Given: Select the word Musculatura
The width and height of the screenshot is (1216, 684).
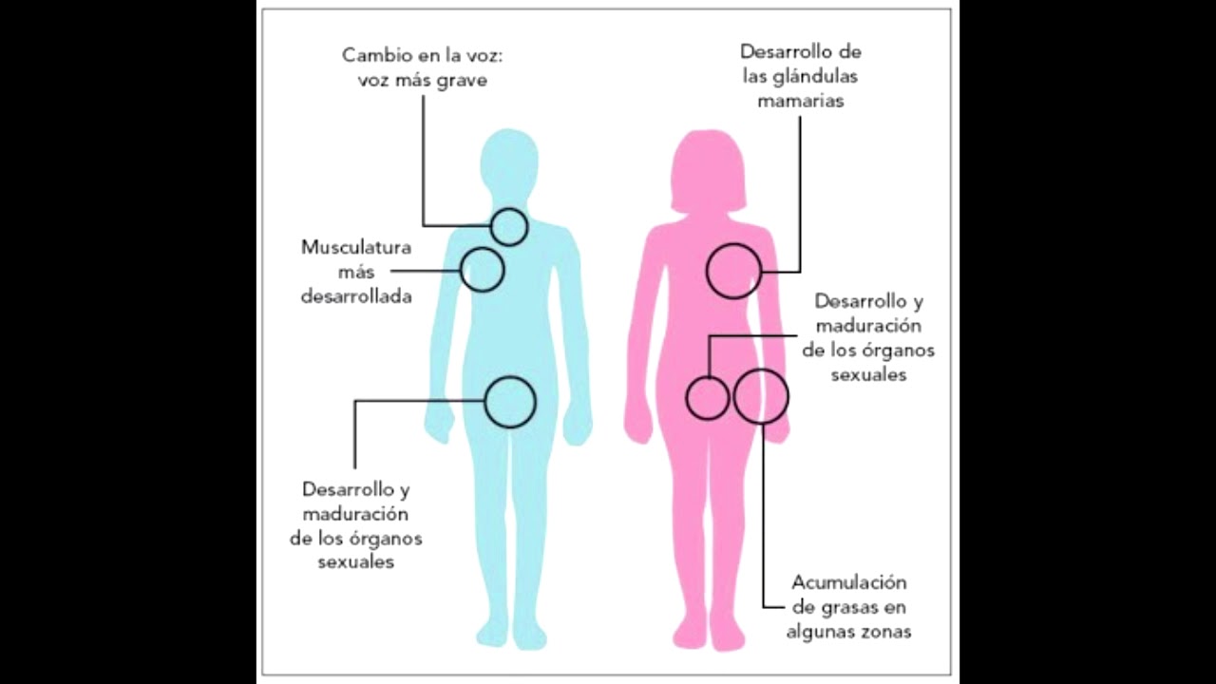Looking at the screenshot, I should [x=356, y=248].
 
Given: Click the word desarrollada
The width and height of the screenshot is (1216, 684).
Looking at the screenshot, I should [x=356, y=296].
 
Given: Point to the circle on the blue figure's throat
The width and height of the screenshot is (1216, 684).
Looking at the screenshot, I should [x=509, y=227].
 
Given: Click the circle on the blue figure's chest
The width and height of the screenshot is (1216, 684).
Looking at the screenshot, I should [x=483, y=270].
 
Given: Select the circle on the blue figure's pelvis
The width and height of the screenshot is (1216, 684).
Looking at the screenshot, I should [x=510, y=402].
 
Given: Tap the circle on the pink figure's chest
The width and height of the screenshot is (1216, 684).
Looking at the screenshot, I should [x=733, y=271].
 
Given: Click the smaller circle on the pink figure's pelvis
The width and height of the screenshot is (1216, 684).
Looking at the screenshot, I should [x=708, y=397].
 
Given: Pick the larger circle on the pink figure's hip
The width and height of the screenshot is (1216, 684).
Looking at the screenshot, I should [x=761, y=396].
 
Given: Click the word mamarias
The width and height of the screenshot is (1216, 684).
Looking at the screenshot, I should [x=801, y=101].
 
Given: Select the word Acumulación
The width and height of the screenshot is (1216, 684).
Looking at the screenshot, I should [x=849, y=582].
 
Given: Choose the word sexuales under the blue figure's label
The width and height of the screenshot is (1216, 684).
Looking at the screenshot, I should [x=356, y=562].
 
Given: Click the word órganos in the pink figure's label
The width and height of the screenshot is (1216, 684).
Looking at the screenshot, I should [x=898, y=350].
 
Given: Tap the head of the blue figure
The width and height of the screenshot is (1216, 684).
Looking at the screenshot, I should [x=510, y=161].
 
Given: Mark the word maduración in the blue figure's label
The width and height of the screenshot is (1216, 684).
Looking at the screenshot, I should [x=356, y=514].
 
